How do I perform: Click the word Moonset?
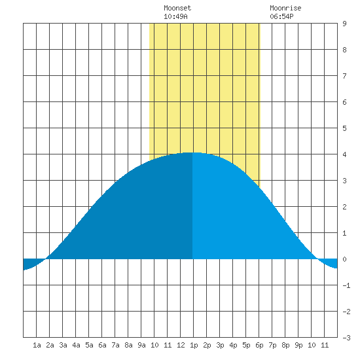177,8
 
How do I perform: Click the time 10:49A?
175,16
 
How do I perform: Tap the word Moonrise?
285,8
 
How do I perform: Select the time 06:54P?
281,16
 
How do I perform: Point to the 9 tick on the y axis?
344,24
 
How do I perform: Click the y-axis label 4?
344,154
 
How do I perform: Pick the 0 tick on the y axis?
344,259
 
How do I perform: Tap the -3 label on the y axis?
346,338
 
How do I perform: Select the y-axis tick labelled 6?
344,102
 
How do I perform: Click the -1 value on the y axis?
346,285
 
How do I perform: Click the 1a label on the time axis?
37,345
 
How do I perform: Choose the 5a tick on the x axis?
89,345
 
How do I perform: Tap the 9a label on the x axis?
141,345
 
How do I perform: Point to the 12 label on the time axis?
181,345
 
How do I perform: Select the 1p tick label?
194,345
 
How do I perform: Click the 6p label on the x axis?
259,345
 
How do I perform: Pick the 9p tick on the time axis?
298,345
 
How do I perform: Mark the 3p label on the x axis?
220,345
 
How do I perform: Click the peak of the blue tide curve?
192,153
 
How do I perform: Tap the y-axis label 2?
344,207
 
